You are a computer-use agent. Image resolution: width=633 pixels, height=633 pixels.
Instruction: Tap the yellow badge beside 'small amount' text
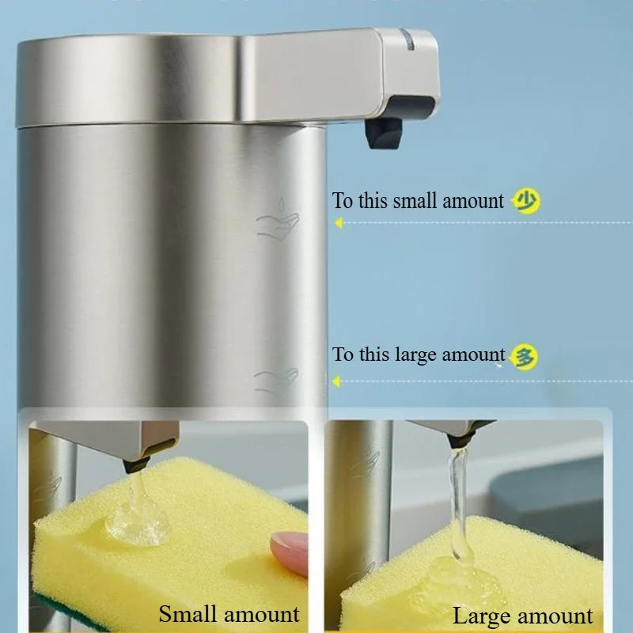[526, 201]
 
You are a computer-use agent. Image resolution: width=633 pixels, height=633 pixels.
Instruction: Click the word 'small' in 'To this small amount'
[415, 201]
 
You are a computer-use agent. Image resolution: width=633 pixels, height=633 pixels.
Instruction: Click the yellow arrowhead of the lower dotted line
[338, 381]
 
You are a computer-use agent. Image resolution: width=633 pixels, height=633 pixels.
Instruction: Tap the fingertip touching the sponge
[286, 546]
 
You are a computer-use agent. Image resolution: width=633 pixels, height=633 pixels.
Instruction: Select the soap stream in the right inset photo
[457, 498]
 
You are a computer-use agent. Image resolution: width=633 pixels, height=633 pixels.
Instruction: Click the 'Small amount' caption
[229, 613]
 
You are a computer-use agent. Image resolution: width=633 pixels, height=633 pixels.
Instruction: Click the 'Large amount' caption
[522, 616]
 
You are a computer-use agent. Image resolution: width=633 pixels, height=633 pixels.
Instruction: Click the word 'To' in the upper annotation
[343, 201]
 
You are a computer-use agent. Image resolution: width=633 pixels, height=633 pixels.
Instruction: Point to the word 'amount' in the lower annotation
[472, 355]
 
